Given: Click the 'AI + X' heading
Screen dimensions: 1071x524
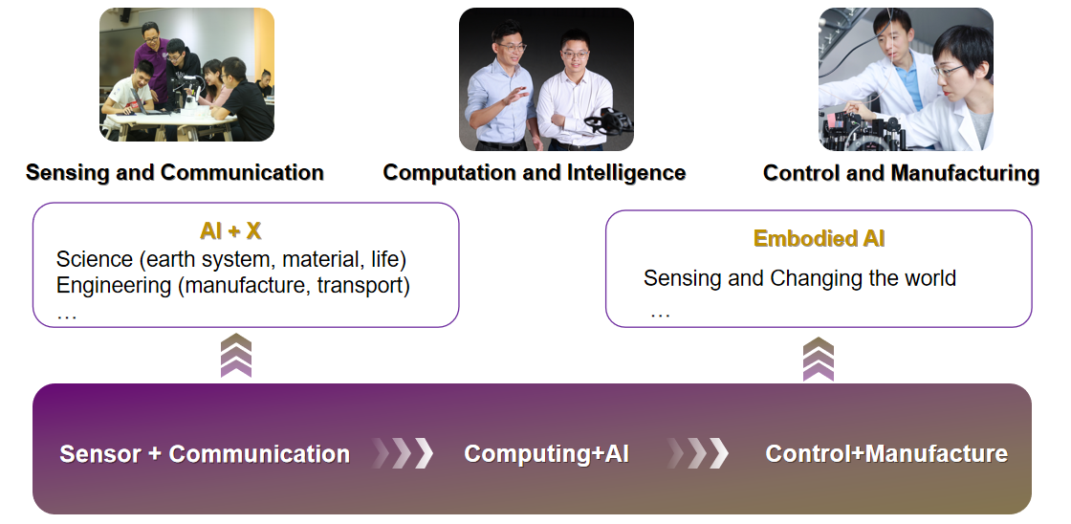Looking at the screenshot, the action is tap(230, 230).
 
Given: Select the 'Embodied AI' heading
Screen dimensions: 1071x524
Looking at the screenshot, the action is tap(819, 238).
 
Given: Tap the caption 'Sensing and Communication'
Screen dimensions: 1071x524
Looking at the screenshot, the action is tap(175, 173).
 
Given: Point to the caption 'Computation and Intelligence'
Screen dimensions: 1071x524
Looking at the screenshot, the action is tap(535, 173).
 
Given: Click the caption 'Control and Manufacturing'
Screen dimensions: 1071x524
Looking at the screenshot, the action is tap(901, 173).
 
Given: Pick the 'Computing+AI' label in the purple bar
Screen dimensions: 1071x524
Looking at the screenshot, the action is tap(546, 453).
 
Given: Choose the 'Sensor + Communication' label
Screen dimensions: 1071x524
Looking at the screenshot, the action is tap(205, 454).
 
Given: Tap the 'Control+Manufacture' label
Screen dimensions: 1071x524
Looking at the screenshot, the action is tap(886, 453).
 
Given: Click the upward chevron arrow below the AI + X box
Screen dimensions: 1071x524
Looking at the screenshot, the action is tap(236, 356).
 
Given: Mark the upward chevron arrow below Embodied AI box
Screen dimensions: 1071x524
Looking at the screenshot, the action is tap(819, 359).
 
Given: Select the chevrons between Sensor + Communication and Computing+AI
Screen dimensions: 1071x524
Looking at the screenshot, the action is tap(403, 453).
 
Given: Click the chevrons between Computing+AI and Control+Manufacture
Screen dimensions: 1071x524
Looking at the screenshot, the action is tap(697, 453).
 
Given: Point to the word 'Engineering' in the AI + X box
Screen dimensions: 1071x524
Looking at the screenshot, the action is tap(114, 286).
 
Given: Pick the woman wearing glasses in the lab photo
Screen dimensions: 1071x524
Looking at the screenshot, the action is tap(955, 89).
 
